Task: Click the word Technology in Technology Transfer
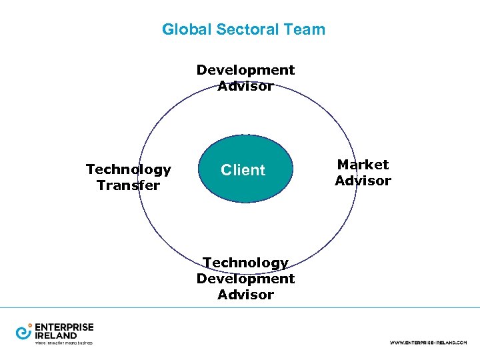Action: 128,170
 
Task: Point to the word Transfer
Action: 128,185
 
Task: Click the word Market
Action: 363,165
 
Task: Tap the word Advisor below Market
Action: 363,181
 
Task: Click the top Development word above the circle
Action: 245,70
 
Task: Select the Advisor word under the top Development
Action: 245,86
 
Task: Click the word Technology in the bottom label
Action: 245,263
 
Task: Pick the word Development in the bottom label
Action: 245,279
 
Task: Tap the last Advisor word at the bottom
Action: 245,295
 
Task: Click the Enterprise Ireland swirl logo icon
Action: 24,331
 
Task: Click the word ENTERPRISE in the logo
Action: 64,327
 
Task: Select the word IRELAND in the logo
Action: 56,335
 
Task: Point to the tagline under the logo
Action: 63,343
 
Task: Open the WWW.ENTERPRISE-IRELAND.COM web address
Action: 428,342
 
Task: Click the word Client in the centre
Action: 243,170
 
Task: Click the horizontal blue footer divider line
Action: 240,307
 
